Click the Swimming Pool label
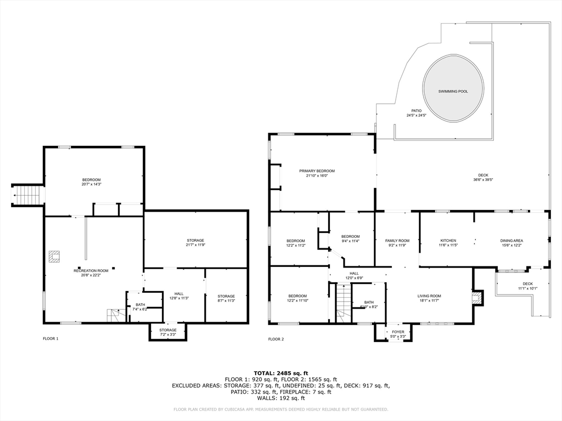[453, 91]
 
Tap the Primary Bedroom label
[317, 171]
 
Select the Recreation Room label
[91, 270]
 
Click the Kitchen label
[448, 241]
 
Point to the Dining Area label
[511, 241]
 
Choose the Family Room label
[397, 241]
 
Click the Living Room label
[429, 296]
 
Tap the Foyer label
[397, 332]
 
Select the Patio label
[417, 111]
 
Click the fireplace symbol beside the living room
[477, 298]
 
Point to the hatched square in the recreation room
[54, 257]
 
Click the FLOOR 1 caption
[50, 339]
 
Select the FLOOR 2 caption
[276, 339]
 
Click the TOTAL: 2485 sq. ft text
[280, 373]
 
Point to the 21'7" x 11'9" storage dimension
[195, 245]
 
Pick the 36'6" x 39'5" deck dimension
[483, 180]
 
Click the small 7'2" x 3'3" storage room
[168, 332]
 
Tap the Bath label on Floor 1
[140, 305]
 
